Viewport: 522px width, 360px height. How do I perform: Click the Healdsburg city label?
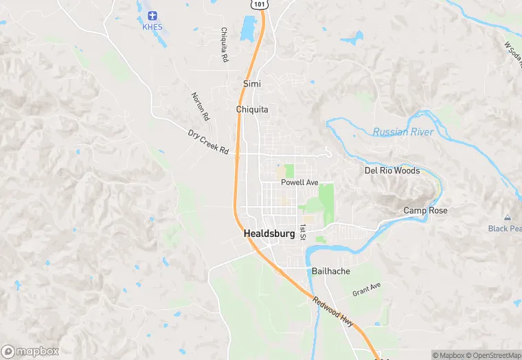click(269, 234)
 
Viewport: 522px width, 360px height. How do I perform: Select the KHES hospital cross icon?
click(152, 15)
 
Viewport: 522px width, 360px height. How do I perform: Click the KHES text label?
click(152, 27)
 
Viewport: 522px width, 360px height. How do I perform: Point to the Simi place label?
click(252, 84)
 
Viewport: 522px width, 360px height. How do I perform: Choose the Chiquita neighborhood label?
click(252, 110)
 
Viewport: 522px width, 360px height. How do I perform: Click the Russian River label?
click(403, 132)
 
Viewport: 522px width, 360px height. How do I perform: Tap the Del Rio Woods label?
click(391, 170)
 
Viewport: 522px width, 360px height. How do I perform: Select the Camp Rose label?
click(424, 211)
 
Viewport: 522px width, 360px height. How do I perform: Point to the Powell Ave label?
click(300, 183)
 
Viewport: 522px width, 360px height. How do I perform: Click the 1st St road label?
click(302, 232)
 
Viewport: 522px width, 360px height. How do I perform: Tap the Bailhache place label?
click(331, 271)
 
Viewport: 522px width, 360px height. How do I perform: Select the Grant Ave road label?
click(366, 289)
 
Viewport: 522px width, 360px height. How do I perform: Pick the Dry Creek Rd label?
click(208, 141)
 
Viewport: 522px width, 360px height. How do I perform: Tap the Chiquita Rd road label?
click(224, 45)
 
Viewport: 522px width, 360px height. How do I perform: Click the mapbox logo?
click(30, 351)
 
